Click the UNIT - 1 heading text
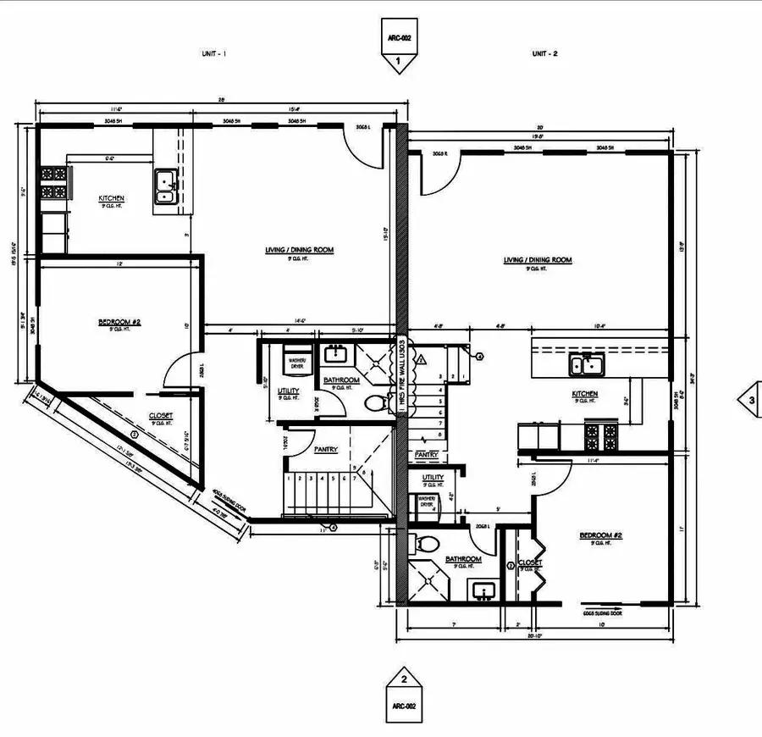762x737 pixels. (x=213, y=53)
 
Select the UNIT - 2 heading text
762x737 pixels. (x=545, y=53)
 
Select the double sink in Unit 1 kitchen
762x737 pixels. (x=165, y=187)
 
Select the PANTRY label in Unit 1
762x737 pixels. (x=326, y=450)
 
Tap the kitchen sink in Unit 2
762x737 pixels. (x=585, y=366)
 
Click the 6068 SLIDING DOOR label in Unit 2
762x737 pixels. (x=603, y=612)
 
